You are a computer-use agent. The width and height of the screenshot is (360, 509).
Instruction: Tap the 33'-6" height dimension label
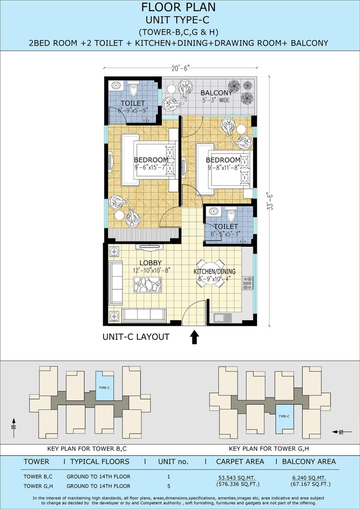click(x=270, y=202)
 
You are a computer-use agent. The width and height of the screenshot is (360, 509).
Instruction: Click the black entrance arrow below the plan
click(x=194, y=337)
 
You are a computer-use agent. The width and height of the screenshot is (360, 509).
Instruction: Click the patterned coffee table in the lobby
click(x=147, y=285)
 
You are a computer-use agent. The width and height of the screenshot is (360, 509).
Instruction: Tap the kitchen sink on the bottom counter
click(x=222, y=318)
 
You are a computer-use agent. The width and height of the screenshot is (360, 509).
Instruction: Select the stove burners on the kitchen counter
click(x=247, y=283)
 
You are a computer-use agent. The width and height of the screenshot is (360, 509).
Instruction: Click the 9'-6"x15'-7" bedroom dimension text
click(x=150, y=167)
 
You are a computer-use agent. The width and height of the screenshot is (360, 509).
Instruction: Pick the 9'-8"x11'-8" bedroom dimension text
click(x=224, y=167)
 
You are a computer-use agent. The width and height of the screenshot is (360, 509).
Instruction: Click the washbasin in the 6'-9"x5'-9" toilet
click(x=116, y=86)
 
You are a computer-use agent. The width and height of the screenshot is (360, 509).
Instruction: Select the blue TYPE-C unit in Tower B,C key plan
click(x=104, y=386)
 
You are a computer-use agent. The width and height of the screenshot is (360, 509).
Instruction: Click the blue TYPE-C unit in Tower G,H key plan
click(x=284, y=419)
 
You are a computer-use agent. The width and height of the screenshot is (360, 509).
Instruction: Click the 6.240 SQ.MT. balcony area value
click(x=309, y=478)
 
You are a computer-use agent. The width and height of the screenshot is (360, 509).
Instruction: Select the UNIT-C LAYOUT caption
click(x=136, y=337)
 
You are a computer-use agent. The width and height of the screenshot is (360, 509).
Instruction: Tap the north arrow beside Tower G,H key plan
click(x=342, y=432)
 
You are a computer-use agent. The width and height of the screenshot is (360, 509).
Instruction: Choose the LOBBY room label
click(x=151, y=262)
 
